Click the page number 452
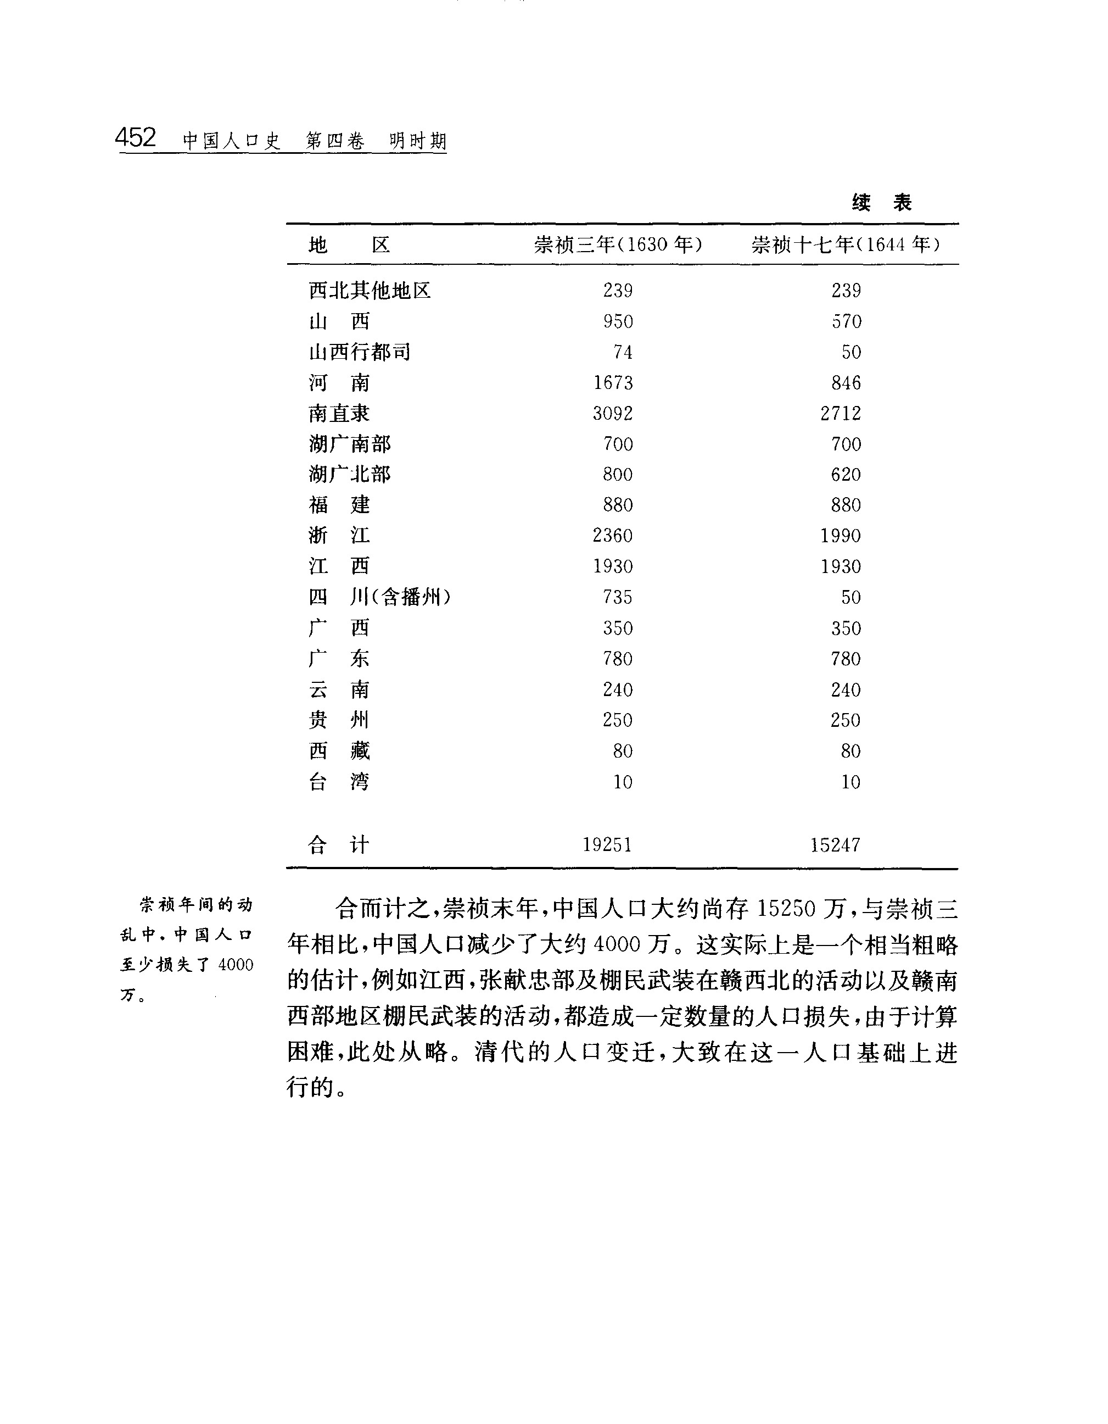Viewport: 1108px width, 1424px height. [136, 137]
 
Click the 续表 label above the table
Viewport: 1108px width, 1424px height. [881, 203]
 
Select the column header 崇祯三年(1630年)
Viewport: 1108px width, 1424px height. [618, 244]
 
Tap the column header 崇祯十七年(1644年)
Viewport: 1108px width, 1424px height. [846, 244]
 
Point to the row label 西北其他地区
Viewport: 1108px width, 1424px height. [370, 290]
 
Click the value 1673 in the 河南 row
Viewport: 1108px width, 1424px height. [613, 383]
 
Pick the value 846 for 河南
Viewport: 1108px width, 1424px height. [846, 383]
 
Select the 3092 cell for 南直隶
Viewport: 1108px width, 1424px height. [613, 413]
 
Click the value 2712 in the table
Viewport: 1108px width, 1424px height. [841, 413]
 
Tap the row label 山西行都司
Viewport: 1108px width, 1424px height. [360, 352]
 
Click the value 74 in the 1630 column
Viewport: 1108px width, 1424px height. [623, 352]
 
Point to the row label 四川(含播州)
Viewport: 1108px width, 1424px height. [379, 597]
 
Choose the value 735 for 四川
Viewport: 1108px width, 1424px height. [617, 597]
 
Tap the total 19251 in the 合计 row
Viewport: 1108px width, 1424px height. [607, 845]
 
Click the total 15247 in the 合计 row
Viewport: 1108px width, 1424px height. [836, 845]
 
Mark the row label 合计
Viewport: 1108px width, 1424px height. [338, 845]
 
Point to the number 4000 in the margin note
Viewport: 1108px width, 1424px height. [236, 964]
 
